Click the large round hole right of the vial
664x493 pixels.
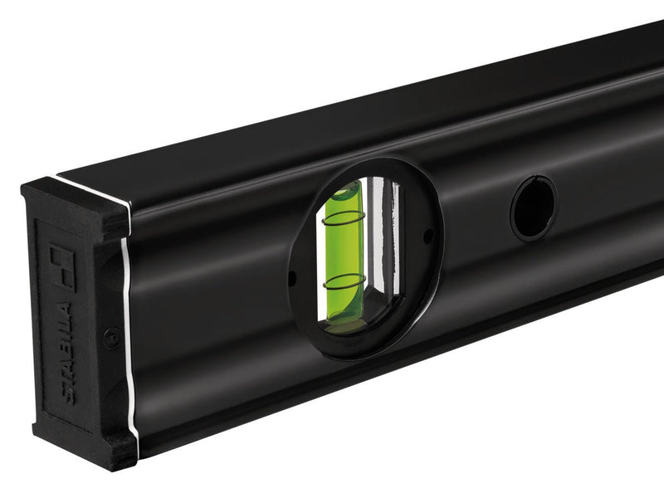[x=532, y=208]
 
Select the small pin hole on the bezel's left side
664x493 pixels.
[x=291, y=277]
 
